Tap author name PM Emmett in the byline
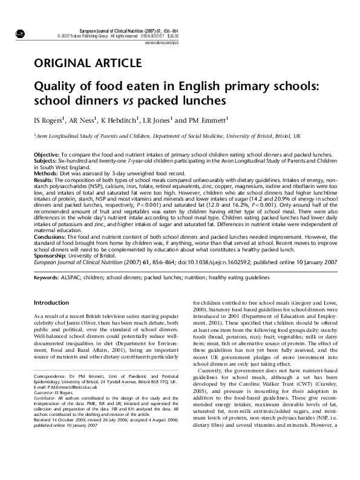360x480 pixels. click(209, 120)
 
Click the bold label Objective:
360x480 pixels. click(47, 155)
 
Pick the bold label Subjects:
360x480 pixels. click(45, 160)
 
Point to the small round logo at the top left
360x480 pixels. click(19, 32)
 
